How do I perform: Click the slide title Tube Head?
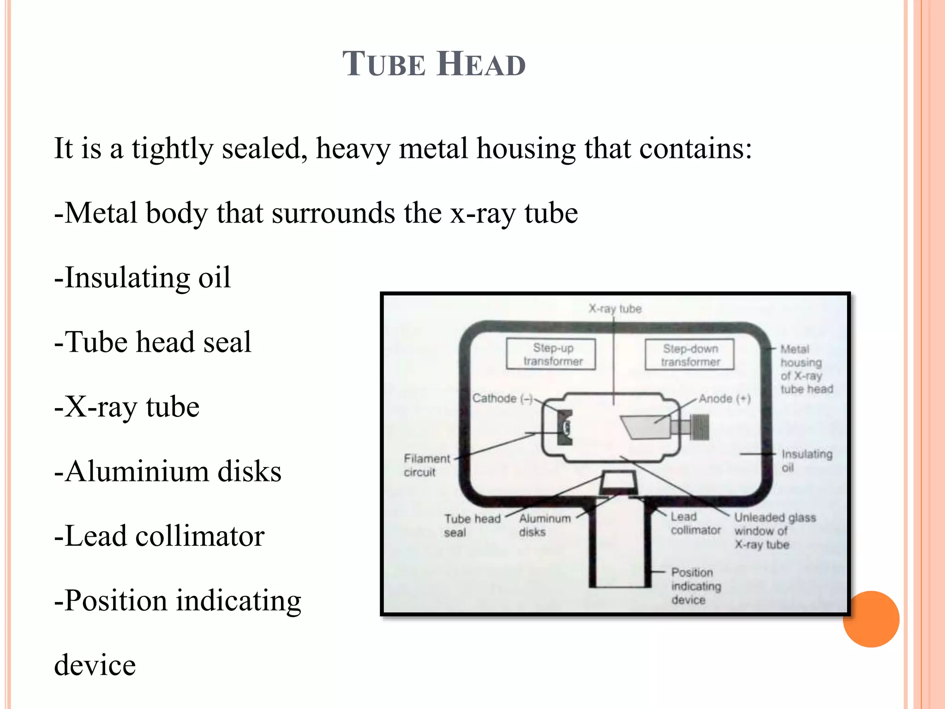pos(434,64)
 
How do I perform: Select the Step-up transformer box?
pos(551,354)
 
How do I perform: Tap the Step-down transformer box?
pos(690,354)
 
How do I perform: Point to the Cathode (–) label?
pos(502,398)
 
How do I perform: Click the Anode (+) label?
pos(724,398)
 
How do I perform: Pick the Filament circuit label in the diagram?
pos(426,465)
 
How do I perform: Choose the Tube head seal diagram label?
pos(472,525)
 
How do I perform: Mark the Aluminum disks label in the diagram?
pos(545,525)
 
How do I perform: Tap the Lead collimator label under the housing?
pos(695,523)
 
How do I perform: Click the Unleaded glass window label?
pos(775,531)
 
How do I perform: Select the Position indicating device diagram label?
pos(696,586)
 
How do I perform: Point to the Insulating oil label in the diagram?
pos(807,461)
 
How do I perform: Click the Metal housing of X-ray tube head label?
pos(807,369)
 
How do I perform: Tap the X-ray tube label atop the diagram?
pos(615,308)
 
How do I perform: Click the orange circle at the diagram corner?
pos(871,619)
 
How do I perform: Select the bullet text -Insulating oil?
pos(142,278)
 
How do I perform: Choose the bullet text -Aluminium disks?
pos(167,471)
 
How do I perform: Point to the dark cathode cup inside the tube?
pos(564,427)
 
